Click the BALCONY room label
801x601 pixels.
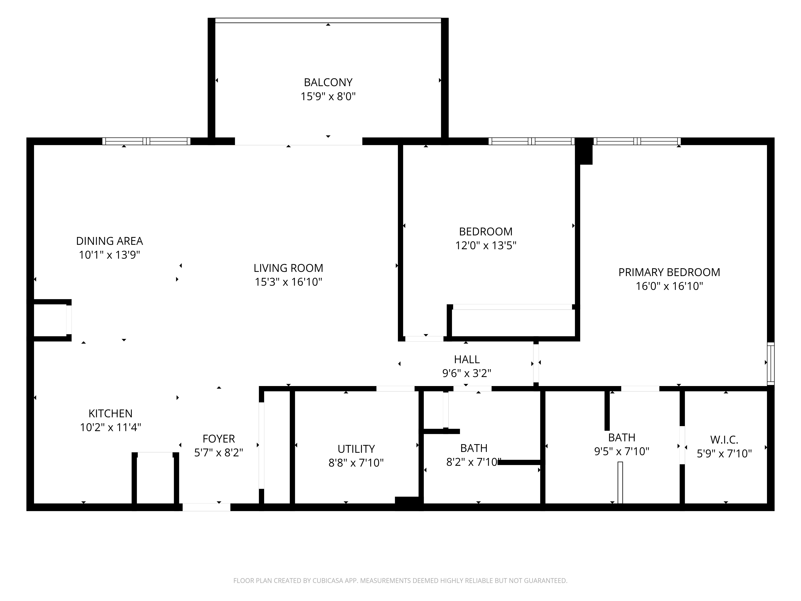328,83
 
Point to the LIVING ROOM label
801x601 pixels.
288,268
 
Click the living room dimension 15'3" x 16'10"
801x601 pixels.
288,282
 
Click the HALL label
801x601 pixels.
467,359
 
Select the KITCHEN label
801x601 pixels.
111,413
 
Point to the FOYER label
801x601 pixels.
219,439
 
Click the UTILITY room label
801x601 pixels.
356,449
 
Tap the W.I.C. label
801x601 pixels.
724,440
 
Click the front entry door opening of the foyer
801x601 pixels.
206,507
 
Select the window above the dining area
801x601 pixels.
146,141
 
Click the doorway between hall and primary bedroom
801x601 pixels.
536,363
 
